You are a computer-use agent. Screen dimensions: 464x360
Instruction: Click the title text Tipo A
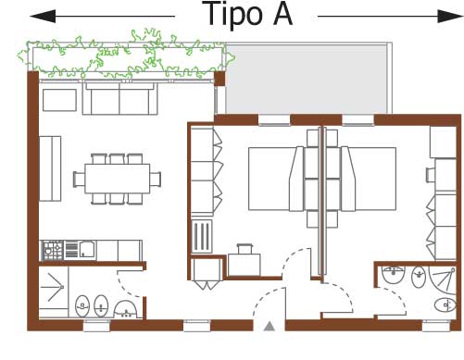pyautogui.click(x=247, y=14)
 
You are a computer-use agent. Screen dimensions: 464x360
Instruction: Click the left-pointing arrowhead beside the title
pyautogui.click(x=43, y=16)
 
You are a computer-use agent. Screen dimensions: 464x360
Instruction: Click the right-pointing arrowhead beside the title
pyautogui.click(x=450, y=16)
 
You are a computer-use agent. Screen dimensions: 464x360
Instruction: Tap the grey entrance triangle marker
pyautogui.click(x=270, y=326)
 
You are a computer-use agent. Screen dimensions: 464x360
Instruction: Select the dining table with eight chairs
pyautogui.click(x=117, y=179)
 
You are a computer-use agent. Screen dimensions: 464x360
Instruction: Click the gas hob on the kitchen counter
pyautogui.click(x=53, y=250)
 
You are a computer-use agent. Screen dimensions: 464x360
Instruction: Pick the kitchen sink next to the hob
pyautogui.click(x=87, y=250)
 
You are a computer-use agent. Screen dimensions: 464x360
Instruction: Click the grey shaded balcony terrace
pyautogui.click(x=307, y=80)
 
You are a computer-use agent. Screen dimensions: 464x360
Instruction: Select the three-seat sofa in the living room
pyautogui.click(x=120, y=98)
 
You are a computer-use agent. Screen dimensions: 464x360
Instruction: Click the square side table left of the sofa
pyautogui.click(x=59, y=100)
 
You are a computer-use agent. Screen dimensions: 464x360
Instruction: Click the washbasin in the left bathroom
pyautogui.click(x=125, y=309)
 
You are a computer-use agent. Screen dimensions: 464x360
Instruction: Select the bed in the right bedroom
pyautogui.click(x=369, y=179)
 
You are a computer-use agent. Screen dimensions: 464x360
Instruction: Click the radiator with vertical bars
pyautogui.click(x=202, y=236)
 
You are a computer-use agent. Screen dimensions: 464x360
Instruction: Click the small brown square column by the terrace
pyautogui.click(x=219, y=79)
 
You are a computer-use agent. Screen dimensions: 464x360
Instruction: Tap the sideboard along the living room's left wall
pyautogui.click(x=50, y=168)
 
